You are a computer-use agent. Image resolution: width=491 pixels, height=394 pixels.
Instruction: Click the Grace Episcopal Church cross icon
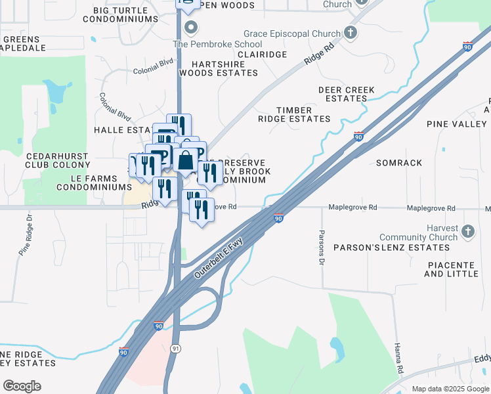click(x=351, y=33)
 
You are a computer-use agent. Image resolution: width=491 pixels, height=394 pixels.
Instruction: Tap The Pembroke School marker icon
click(x=191, y=28)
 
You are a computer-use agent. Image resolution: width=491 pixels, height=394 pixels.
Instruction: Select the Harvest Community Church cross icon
click(x=467, y=231)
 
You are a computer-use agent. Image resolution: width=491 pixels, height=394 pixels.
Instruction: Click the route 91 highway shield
click(x=175, y=347)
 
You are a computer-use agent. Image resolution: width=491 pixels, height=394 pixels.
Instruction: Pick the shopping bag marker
click(x=186, y=161)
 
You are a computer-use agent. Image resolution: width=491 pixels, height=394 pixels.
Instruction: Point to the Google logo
click(x=22, y=386)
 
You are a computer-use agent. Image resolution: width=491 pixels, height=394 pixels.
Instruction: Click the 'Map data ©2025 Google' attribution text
click(x=450, y=389)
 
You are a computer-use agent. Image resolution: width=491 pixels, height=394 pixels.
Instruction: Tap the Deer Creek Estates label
click(x=346, y=94)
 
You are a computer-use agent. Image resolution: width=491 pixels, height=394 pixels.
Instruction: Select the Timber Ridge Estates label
click(x=293, y=114)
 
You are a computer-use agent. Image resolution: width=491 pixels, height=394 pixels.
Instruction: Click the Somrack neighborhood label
click(x=399, y=162)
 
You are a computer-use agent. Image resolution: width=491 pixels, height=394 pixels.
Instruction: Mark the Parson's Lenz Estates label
click(x=391, y=248)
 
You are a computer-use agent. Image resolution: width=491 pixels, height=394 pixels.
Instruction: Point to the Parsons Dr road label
click(x=322, y=248)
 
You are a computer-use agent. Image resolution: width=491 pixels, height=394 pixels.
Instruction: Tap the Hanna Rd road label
click(x=398, y=360)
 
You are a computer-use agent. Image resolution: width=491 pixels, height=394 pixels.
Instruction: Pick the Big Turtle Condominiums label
click(x=121, y=14)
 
